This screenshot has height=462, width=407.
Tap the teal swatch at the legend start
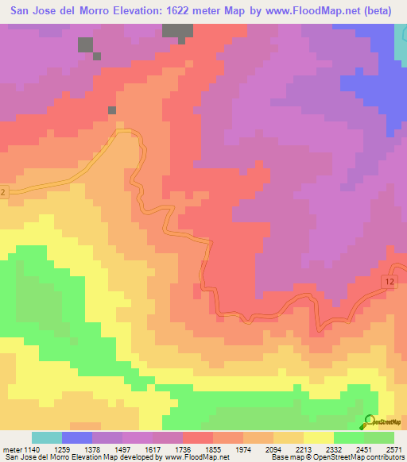(46, 437)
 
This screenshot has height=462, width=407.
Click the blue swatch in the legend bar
(76, 437)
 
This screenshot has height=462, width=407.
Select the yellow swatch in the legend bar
(318, 437)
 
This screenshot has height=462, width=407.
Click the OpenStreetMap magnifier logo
(370, 421)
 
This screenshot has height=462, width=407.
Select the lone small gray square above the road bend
(112, 110)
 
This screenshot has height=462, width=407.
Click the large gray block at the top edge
(177, 31)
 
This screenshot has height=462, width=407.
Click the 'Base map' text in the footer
(285, 456)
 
